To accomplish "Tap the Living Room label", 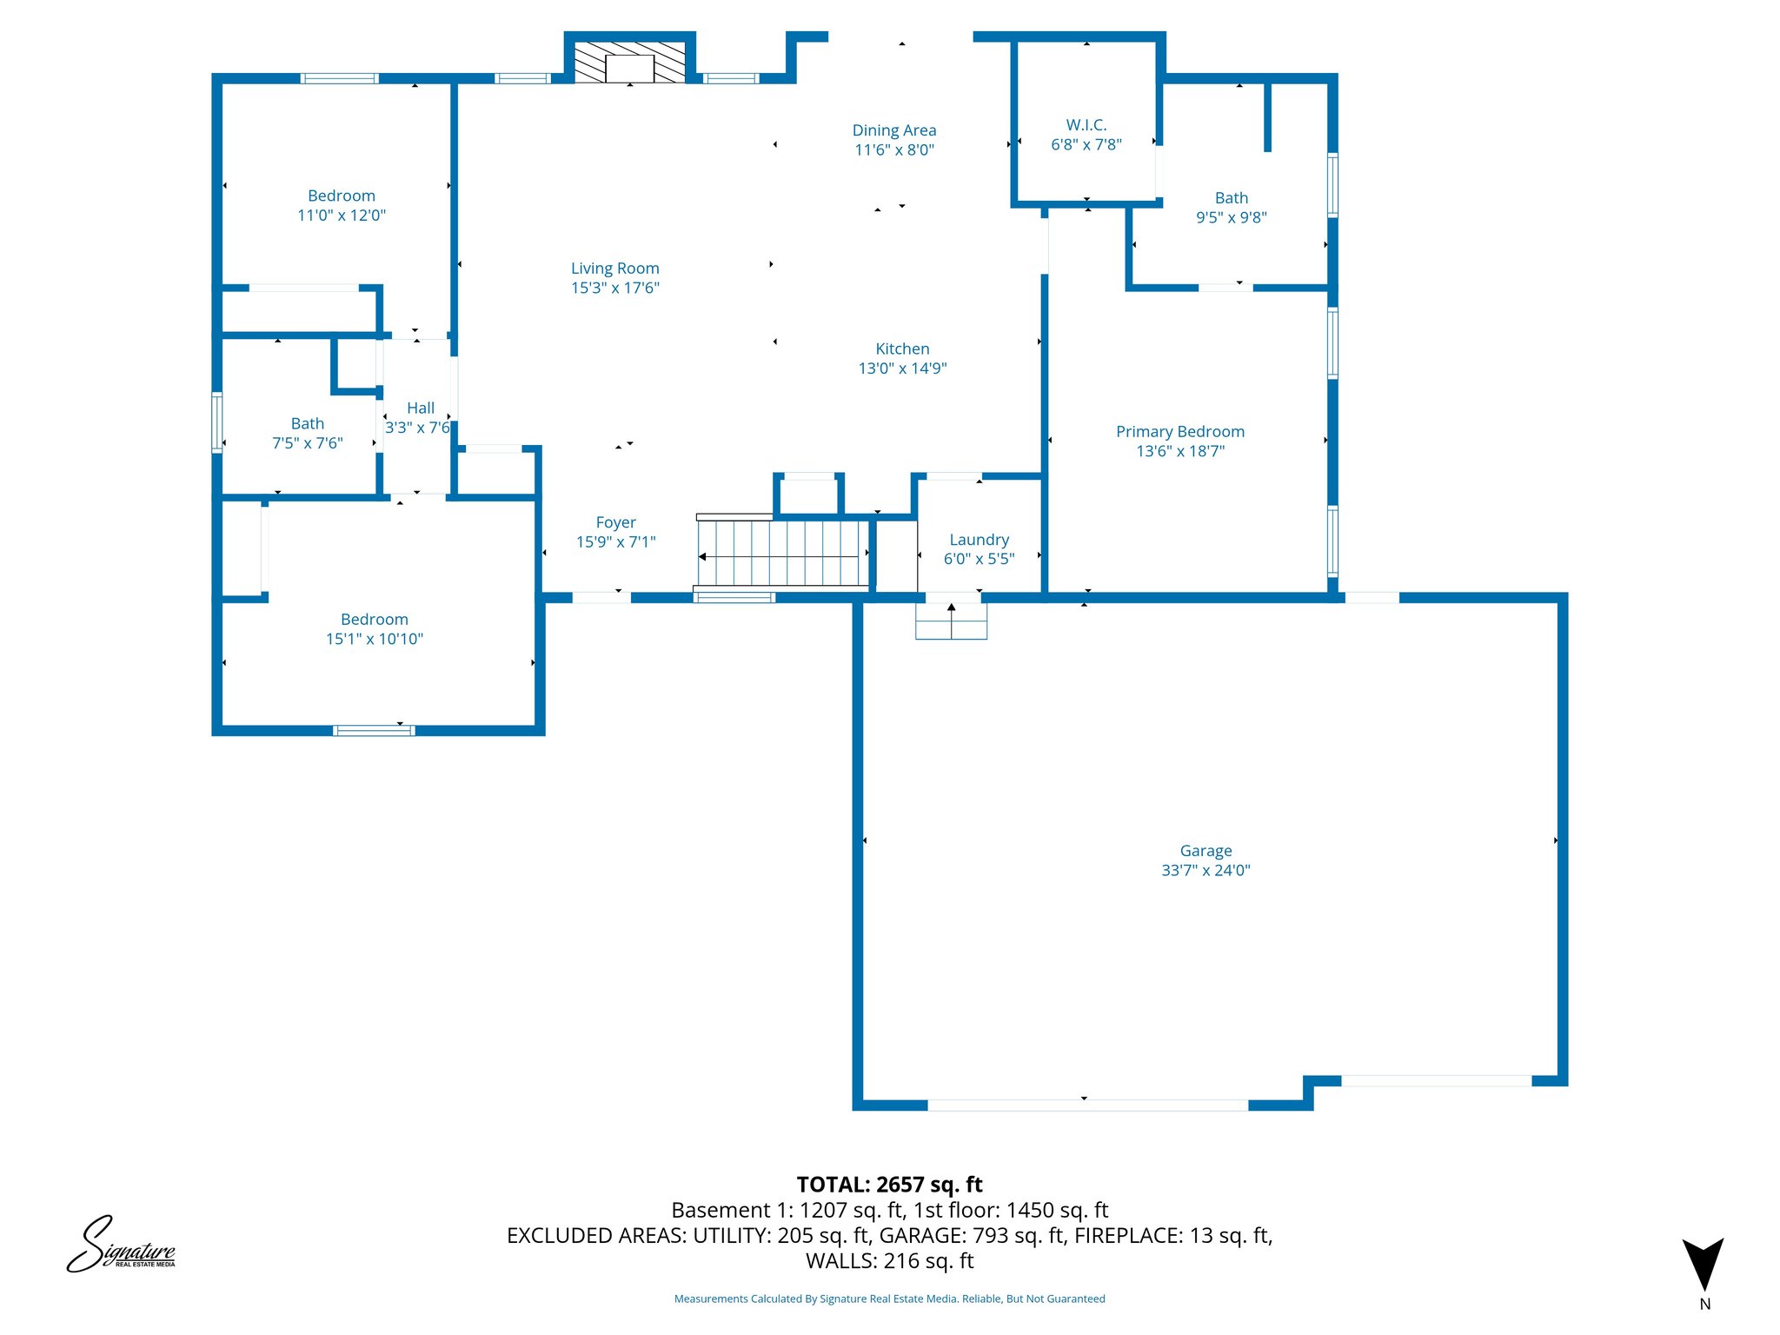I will pyautogui.click(x=614, y=269).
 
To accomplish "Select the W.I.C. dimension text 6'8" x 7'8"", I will pyautogui.click(x=1086, y=145).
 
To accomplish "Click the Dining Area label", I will pyautogui.click(x=893, y=130).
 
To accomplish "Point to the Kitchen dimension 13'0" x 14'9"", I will pyautogui.click(x=902, y=369).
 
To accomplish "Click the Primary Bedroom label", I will pyautogui.click(x=1179, y=432).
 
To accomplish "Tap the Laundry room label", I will pyautogui.click(x=979, y=540).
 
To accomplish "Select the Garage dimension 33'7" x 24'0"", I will pyautogui.click(x=1205, y=871).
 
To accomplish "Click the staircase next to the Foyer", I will pyautogui.click(x=782, y=553).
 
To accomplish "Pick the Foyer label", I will pyautogui.click(x=615, y=522).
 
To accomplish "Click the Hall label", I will pyautogui.click(x=420, y=408).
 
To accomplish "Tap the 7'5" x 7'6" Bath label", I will pyautogui.click(x=307, y=424).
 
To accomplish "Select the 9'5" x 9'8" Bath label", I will pyautogui.click(x=1231, y=198).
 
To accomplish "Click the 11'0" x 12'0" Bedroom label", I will pyautogui.click(x=341, y=196).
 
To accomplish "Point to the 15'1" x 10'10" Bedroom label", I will pyautogui.click(x=374, y=620).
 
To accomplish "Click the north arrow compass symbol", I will pyautogui.click(x=1703, y=1265).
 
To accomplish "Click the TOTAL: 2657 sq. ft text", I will pyautogui.click(x=889, y=1185).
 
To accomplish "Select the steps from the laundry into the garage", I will pyautogui.click(x=951, y=621).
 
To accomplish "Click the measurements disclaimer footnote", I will pyautogui.click(x=889, y=1299).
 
